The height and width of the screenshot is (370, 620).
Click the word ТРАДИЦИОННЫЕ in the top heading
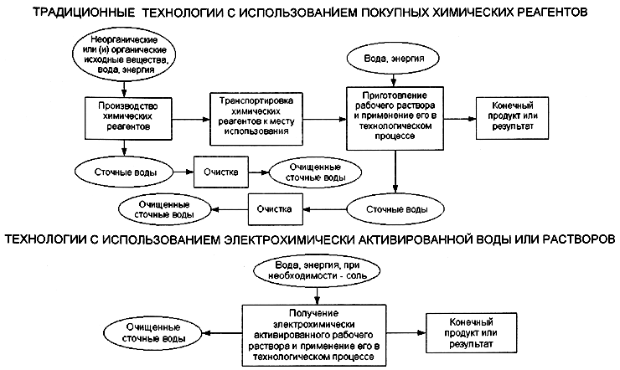(x=84, y=13)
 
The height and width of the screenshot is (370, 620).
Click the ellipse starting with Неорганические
(x=124, y=54)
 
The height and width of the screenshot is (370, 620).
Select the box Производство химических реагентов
(x=128, y=119)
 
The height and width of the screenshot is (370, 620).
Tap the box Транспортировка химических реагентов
(x=256, y=119)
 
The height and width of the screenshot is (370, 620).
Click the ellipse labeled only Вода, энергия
(x=393, y=59)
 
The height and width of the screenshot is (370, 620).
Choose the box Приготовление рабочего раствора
(x=395, y=119)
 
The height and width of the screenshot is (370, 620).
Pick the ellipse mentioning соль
(x=317, y=271)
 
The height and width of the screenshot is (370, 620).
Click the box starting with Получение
(x=314, y=336)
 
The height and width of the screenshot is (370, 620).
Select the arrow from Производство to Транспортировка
(x=191, y=119)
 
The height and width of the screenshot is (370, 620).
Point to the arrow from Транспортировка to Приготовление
(x=324, y=119)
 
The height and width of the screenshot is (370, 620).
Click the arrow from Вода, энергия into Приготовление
(x=394, y=80)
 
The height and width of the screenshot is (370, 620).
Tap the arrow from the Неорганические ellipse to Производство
(x=124, y=90)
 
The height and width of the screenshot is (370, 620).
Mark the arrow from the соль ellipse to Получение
(x=317, y=295)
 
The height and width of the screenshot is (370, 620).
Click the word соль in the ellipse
(x=356, y=275)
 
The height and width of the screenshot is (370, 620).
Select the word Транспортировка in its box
(x=256, y=100)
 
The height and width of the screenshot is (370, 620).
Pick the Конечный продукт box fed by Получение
(x=471, y=333)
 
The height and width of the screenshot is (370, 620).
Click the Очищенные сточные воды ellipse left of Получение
(x=154, y=333)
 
